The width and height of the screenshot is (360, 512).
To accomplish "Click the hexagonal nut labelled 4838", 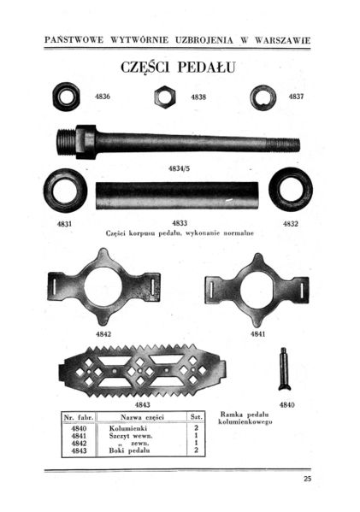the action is [x=165, y=97].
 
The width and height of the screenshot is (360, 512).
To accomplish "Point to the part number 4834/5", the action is [x=179, y=168].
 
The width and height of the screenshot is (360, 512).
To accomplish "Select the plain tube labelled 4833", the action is [x=177, y=195].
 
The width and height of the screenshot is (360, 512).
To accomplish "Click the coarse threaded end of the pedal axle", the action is [x=67, y=142].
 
